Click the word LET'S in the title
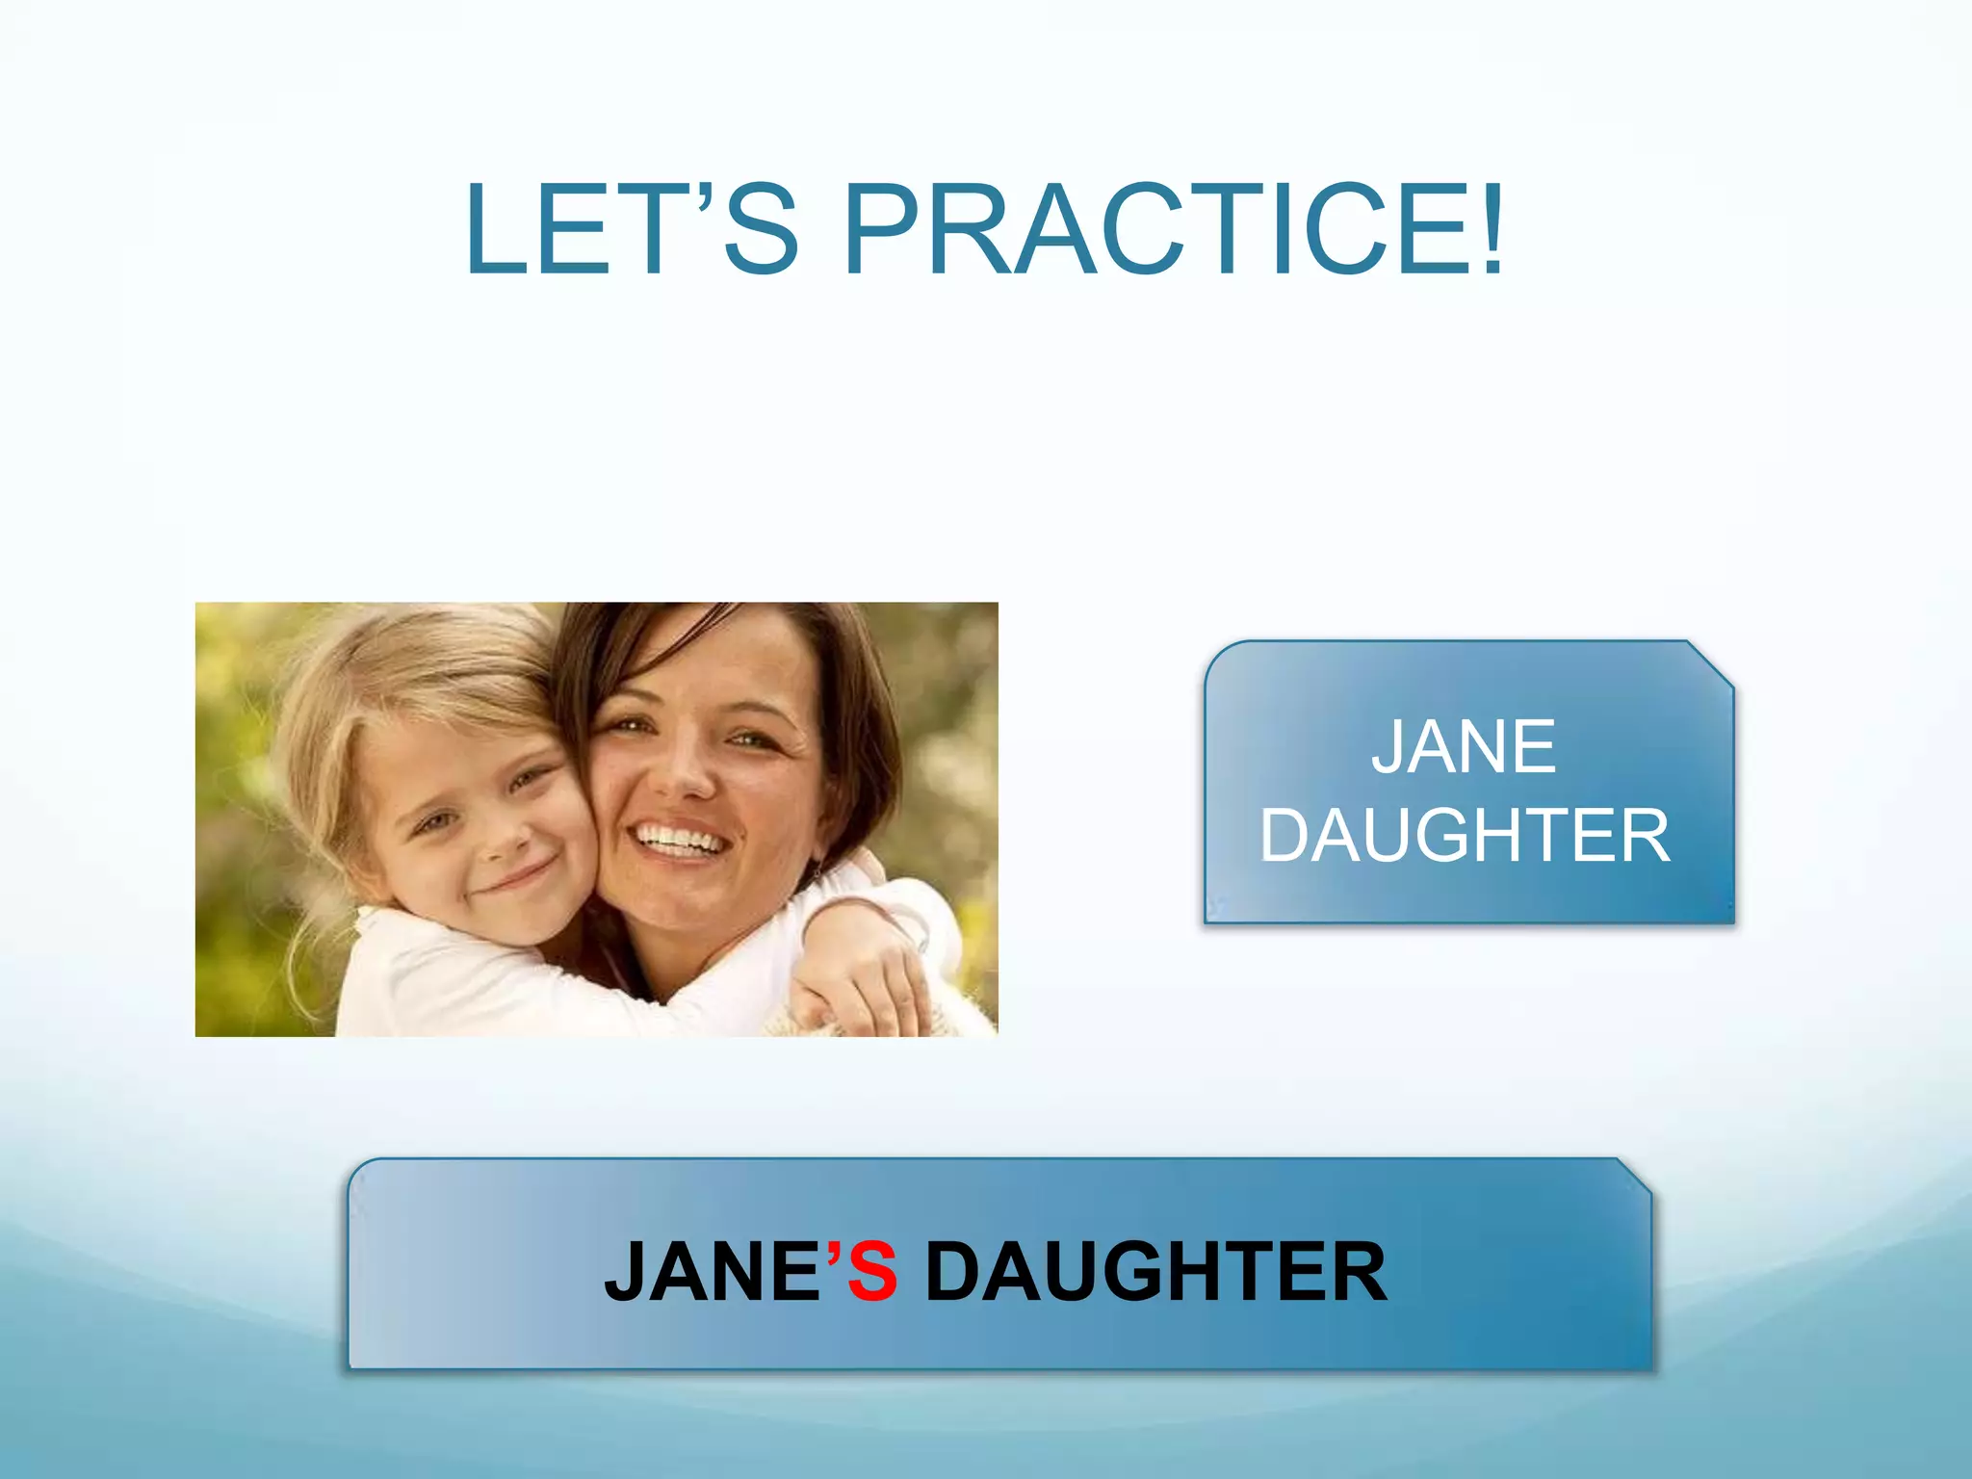(x=631, y=231)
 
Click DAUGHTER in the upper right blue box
(x=1465, y=836)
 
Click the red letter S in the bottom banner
(x=873, y=1272)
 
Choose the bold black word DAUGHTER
(x=1155, y=1272)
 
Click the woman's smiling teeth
(x=680, y=840)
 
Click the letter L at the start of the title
(x=497, y=231)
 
